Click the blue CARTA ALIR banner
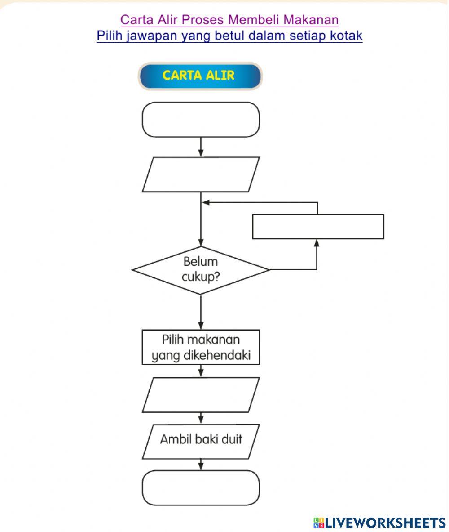199,76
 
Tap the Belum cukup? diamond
200,270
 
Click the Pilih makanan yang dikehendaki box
201,347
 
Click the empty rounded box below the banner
201,120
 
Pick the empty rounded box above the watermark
201,487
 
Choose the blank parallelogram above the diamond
201,174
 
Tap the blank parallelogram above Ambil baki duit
201,395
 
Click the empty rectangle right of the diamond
318,227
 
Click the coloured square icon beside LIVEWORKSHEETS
319,522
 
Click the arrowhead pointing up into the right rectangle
317,243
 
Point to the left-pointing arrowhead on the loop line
206,202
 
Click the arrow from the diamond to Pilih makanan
201,313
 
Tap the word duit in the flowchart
231,439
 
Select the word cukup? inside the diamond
200,277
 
